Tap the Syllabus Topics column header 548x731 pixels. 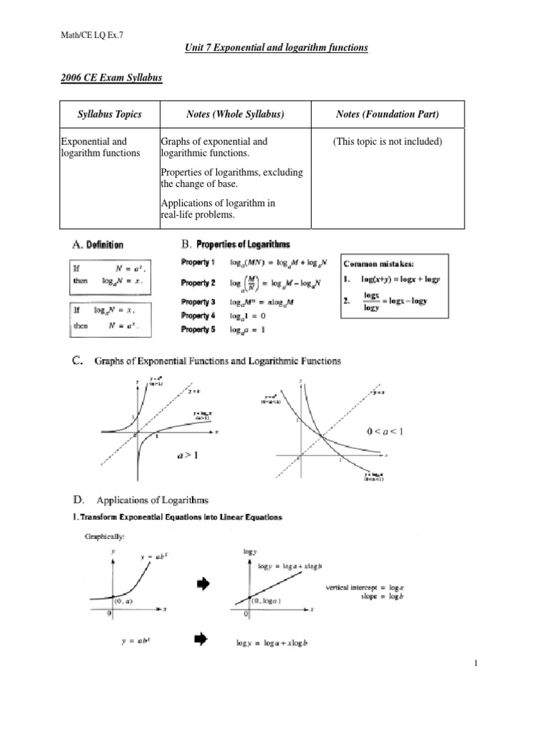(x=109, y=114)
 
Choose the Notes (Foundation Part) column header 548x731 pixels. (x=387, y=114)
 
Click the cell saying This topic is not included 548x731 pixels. (x=387, y=141)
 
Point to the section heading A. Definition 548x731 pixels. (x=98, y=245)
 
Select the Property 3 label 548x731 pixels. (x=198, y=302)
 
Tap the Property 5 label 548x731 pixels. (x=198, y=328)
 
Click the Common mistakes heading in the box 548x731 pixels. (x=380, y=264)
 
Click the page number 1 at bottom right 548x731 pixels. (x=475, y=665)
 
